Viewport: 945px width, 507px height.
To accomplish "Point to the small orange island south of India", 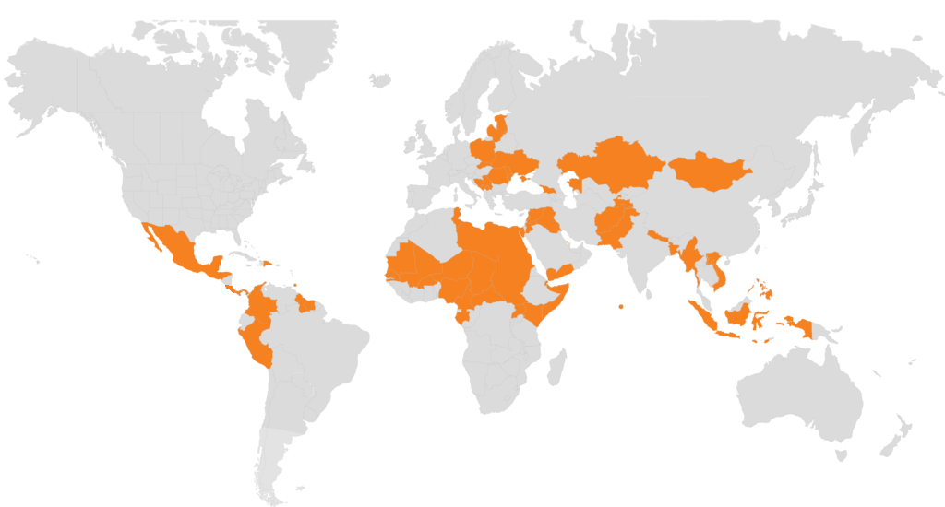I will tap(622, 306).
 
